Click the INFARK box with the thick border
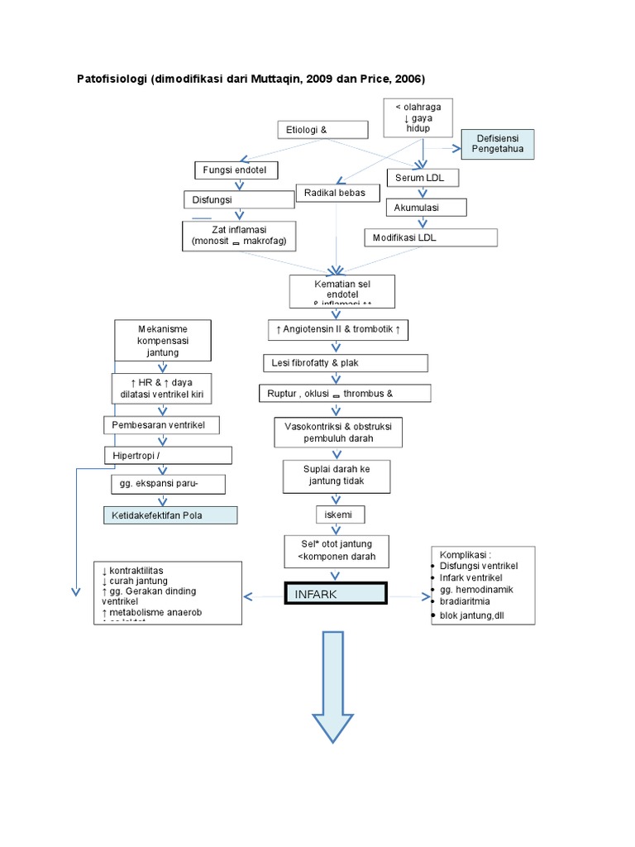click(335, 594)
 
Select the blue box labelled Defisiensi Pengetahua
click(498, 144)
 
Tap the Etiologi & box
click(322, 130)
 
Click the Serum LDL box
click(422, 178)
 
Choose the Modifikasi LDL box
click(431, 237)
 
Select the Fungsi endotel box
click(236, 170)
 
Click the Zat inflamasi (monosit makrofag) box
click(238, 235)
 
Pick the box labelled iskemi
click(339, 514)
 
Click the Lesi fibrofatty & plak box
click(346, 363)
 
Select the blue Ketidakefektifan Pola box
click(169, 515)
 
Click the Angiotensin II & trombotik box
click(337, 330)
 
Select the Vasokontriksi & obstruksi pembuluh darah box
click(339, 431)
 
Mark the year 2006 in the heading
click(407, 79)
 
